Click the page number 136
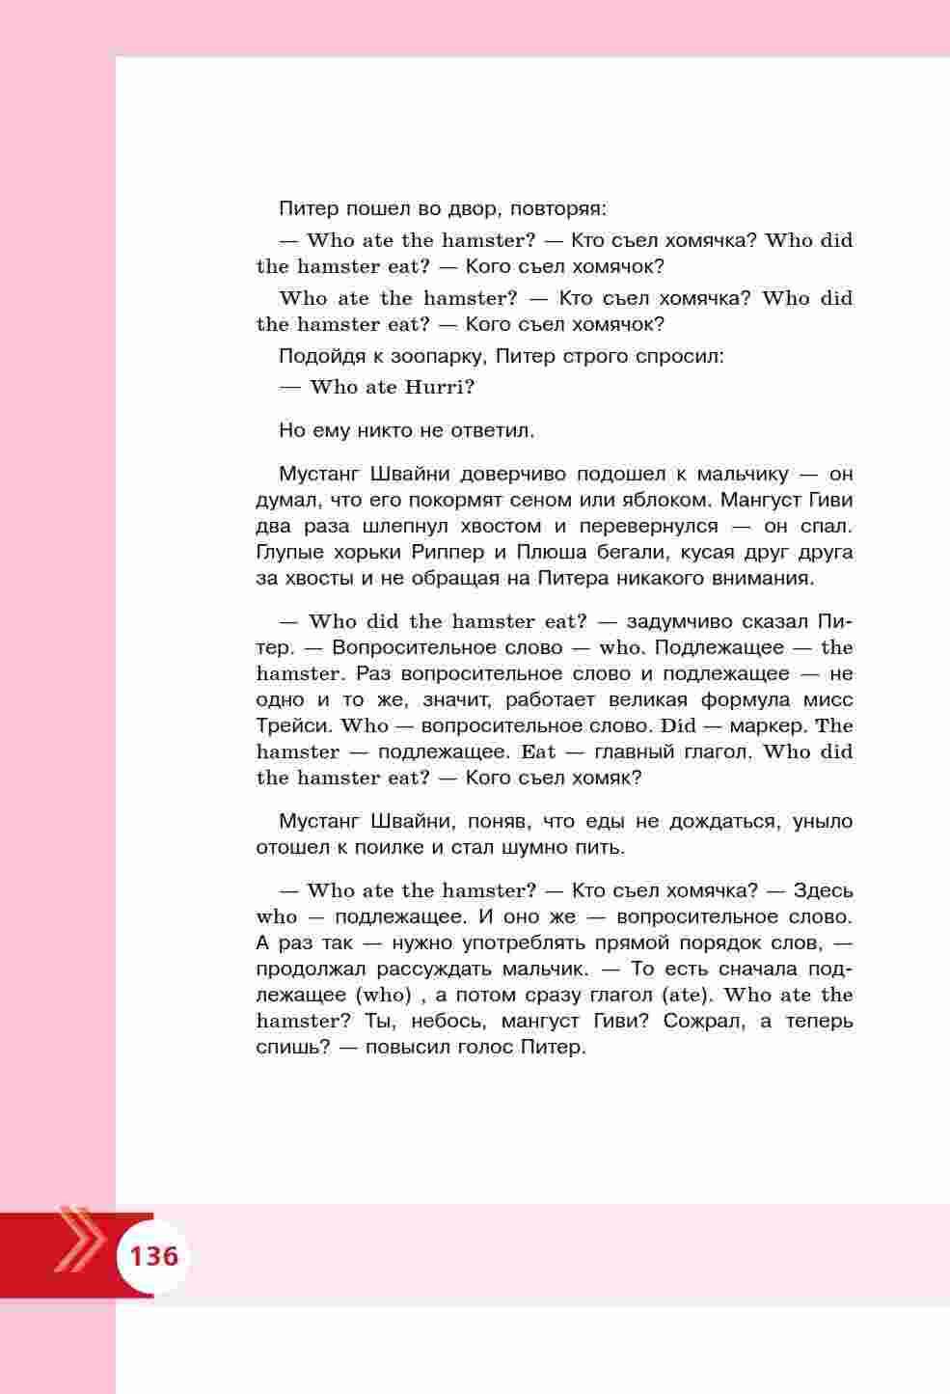[x=154, y=1257]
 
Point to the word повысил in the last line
[x=407, y=1048]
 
